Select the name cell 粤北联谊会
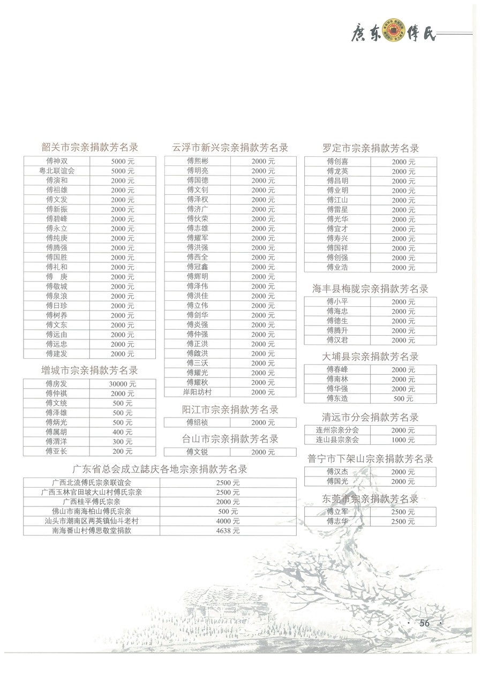57,171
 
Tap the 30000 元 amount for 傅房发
123,384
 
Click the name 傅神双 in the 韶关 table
57,161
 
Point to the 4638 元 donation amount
228,531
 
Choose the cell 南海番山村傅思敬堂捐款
92,531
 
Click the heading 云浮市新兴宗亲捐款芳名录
230,147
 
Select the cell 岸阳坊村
198,392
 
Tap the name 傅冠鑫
198,267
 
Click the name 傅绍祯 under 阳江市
198,422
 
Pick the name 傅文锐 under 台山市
198,452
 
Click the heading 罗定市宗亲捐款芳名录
371,148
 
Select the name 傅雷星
337,209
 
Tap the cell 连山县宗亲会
337,440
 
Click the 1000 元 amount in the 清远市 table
403,440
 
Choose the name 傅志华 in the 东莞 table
337,521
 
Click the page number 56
425,623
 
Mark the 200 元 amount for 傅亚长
123,451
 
